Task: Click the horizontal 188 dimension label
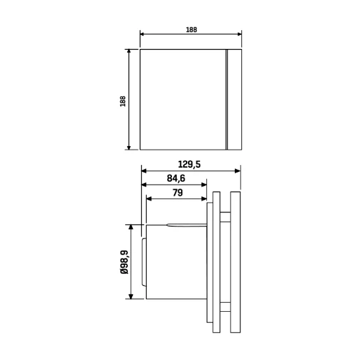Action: click(192, 30)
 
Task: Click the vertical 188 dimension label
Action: click(123, 101)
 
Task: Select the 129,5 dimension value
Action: click(189, 164)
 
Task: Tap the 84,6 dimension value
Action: click(176, 178)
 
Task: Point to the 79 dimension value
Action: click(178, 193)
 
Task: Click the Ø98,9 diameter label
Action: click(124, 262)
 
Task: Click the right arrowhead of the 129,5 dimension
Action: click(238, 171)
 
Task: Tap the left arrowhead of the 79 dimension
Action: click(149, 199)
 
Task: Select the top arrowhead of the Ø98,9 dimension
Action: click(131, 227)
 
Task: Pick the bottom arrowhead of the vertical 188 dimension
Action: click(129, 147)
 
